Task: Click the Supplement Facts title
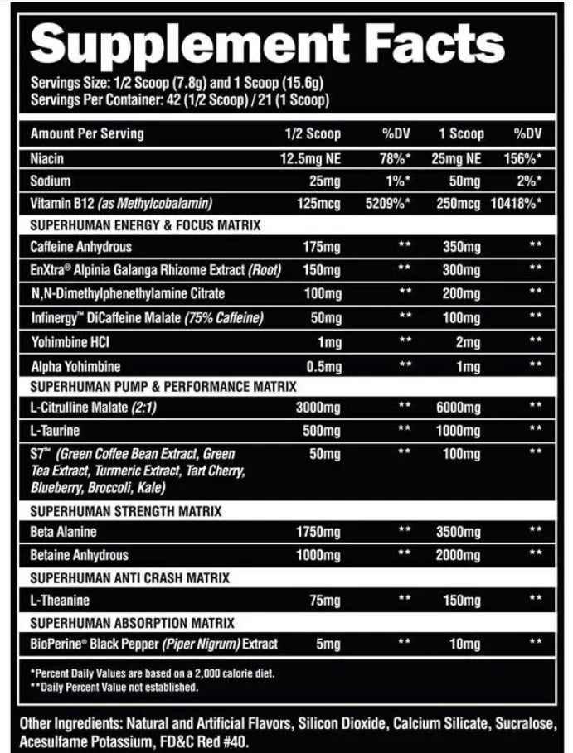click(x=267, y=42)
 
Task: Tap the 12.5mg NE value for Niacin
click(x=309, y=157)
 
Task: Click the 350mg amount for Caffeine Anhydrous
click(x=461, y=247)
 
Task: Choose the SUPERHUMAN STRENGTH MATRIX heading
click(x=126, y=512)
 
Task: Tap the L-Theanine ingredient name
click(x=60, y=601)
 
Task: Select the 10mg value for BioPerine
click(x=464, y=644)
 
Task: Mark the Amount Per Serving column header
click(x=87, y=134)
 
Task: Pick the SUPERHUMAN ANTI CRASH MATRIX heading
click(x=130, y=578)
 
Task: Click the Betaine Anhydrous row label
click(x=80, y=555)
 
